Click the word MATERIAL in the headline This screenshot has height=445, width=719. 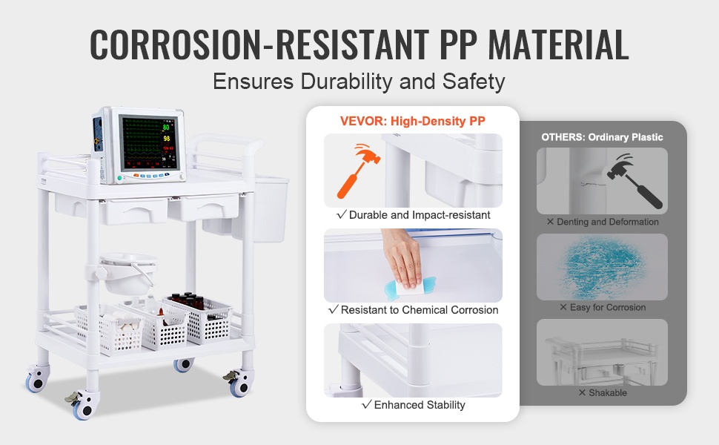(557, 44)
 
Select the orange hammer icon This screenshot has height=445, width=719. (358, 170)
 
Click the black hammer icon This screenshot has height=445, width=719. (634, 181)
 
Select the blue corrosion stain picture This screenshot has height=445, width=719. (602, 267)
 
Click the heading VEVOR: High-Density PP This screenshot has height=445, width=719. (412, 121)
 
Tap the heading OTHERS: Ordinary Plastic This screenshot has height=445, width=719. (602, 137)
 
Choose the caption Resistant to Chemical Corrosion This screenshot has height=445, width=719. (414, 310)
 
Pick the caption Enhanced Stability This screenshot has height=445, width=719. (414, 405)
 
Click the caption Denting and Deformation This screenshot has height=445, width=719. (603, 222)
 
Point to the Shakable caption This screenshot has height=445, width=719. (603, 392)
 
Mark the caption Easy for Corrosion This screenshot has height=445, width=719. (603, 307)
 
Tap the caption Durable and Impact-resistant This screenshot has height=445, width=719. (414, 214)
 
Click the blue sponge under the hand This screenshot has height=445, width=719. (409, 287)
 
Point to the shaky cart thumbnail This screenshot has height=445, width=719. (602, 352)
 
